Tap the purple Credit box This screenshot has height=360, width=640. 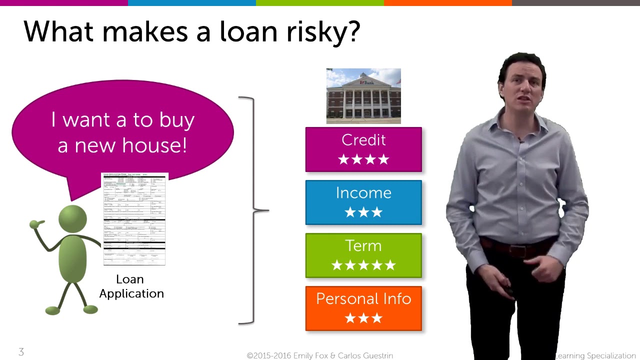click(363, 149)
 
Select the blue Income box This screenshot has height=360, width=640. click(363, 202)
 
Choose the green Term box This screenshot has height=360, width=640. click(363, 255)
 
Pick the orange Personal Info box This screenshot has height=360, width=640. click(363, 308)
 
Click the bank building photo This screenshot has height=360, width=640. click(363, 96)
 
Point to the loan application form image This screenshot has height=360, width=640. click(134, 218)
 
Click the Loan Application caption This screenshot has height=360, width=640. click(131, 286)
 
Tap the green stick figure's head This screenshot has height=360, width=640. click(73, 219)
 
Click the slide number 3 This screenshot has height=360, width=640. click(21, 352)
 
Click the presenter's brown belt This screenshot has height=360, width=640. click(515, 246)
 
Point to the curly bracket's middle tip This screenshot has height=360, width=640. click(267, 210)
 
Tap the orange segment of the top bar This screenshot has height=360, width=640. click(447, 2)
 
